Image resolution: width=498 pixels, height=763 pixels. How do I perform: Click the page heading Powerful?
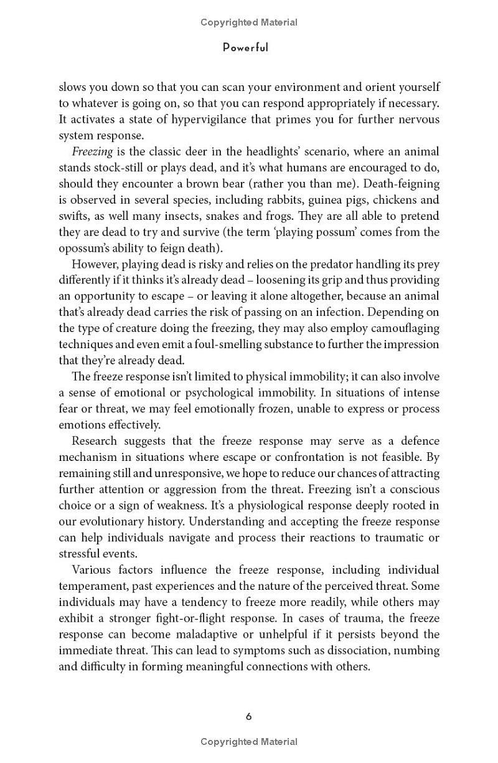246,48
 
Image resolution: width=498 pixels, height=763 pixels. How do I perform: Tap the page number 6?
248,716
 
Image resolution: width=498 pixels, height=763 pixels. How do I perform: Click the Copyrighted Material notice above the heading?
249,22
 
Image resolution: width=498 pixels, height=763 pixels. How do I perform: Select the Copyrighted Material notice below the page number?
249,742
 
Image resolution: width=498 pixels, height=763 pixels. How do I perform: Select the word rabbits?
295,200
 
